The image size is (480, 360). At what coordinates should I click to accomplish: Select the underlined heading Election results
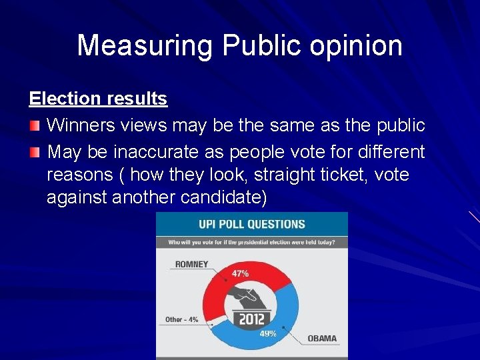(98, 99)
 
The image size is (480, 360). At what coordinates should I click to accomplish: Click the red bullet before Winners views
(35, 125)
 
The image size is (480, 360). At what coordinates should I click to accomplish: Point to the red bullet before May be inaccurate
(35, 152)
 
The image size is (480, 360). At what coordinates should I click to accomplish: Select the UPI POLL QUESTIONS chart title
(252, 224)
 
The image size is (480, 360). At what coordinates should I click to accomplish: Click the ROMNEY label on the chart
(191, 264)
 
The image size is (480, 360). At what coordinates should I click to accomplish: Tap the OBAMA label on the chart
(322, 338)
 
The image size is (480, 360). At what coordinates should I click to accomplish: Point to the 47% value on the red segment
(240, 273)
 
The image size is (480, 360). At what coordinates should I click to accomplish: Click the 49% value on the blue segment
(268, 333)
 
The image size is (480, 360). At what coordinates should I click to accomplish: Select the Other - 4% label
(181, 319)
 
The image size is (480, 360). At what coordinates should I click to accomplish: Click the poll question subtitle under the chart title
(251, 242)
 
